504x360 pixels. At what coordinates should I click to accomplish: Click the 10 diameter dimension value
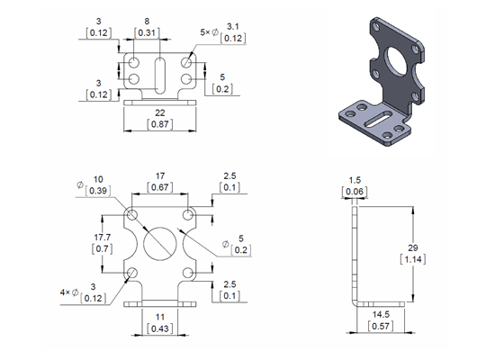(x=98, y=178)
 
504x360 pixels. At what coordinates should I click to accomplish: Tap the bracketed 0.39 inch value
(x=98, y=190)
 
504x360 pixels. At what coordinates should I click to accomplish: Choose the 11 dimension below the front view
(x=158, y=318)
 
